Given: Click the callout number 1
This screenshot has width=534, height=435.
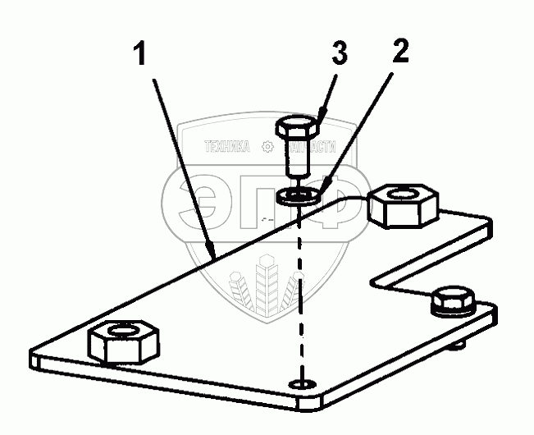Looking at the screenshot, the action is point(141,55).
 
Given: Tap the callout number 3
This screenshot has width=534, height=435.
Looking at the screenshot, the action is point(339,55).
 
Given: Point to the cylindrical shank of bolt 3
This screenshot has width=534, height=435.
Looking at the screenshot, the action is point(295,158).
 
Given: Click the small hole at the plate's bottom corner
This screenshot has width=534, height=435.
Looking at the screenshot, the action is point(305,383).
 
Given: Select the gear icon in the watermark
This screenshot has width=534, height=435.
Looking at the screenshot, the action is point(266,148).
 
